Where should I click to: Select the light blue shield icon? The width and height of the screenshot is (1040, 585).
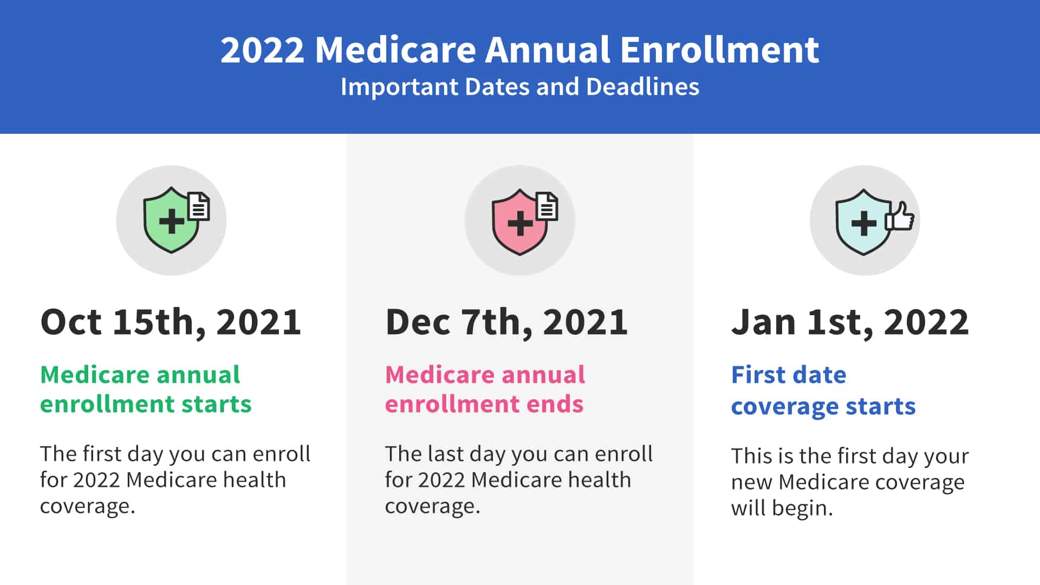coord(863,222)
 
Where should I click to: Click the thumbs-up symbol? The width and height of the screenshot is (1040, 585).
coord(900,216)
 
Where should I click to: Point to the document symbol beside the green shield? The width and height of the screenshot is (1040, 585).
coord(199,206)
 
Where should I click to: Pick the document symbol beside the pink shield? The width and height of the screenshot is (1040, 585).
coord(547,206)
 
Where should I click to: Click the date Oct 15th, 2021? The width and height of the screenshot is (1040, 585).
coord(171,323)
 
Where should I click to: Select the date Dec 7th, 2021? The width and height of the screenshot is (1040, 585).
coord(506,323)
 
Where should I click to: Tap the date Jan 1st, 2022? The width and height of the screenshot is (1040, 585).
coord(850,323)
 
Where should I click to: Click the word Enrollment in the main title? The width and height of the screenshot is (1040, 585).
coord(719,50)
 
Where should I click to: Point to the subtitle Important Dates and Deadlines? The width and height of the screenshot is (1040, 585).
coord(520,87)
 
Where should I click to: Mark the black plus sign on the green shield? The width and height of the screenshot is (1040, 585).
coord(172,222)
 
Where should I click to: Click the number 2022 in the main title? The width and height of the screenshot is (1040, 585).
coord(263,50)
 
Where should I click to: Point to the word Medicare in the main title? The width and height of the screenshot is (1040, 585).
coord(395,50)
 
